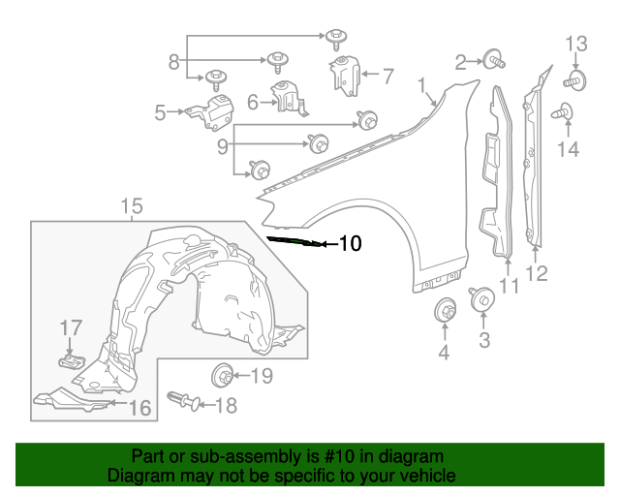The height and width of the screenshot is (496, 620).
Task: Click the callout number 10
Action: [350, 244]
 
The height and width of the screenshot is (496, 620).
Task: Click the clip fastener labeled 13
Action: [575, 79]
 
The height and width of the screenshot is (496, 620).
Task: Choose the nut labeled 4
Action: [445, 312]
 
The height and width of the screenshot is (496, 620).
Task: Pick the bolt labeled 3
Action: [480, 299]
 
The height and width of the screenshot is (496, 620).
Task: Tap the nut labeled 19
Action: [222, 374]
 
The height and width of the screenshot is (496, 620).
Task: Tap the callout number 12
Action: [536, 273]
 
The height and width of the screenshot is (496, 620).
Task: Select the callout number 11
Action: [510, 286]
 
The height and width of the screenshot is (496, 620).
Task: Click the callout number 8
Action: [174, 62]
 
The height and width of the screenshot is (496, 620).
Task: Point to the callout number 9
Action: [223, 147]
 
